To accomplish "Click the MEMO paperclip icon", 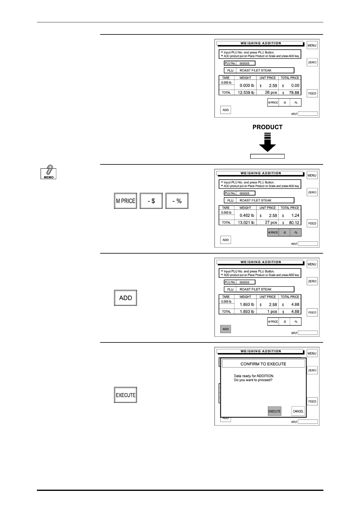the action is [48, 172].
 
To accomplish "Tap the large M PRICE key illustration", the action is [126, 201].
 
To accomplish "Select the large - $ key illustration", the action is [151, 201].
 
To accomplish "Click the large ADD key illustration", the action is [126, 298].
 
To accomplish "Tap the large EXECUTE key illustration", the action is [126, 395].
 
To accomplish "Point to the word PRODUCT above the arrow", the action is [267, 127].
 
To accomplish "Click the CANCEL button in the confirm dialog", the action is [298, 411].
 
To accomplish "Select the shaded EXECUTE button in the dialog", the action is [274, 411].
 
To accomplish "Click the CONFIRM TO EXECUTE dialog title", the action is [263, 364].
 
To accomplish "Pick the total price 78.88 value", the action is [294, 93].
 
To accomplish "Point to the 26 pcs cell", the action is [271, 93].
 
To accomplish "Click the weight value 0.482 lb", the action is [247, 216].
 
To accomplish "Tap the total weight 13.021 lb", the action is [246, 223].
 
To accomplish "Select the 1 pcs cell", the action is [272, 312].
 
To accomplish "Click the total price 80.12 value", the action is [294, 223].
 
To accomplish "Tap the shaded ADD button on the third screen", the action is [226, 329].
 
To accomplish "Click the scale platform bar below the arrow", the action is [267, 156].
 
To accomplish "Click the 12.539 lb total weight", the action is [246, 93].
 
